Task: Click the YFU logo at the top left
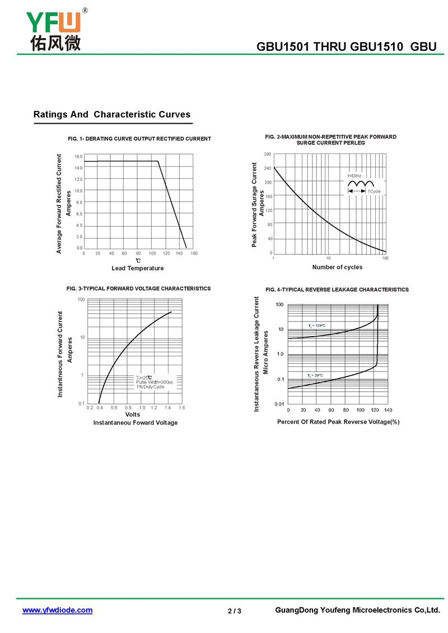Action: (x=55, y=30)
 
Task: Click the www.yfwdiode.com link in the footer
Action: (x=57, y=610)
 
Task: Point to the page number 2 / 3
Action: (x=235, y=611)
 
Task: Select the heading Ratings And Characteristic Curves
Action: (x=112, y=114)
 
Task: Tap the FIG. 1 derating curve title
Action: (x=139, y=138)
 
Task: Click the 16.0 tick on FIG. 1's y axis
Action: (x=78, y=157)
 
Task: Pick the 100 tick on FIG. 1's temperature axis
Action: (x=152, y=254)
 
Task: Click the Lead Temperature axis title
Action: (x=138, y=268)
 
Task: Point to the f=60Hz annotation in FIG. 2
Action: (x=354, y=176)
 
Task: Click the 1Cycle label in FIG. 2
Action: (x=374, y=192)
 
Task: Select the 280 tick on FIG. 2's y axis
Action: (x=268, y=154)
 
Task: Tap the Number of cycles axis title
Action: (x=338, y=267)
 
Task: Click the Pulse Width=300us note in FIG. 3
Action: (x=154, y=382)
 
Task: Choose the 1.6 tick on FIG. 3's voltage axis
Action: (x=181, y=408)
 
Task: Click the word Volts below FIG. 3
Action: (x=132, y=415)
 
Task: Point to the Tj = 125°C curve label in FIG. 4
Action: (x=317, y=325)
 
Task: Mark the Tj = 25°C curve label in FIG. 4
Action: (x=315, y=375)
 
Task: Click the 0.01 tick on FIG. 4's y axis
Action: (x=279, y=404)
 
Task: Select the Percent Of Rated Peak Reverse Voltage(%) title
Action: (x=338, y=422)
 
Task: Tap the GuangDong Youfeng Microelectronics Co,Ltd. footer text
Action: (x=358, y=610)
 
